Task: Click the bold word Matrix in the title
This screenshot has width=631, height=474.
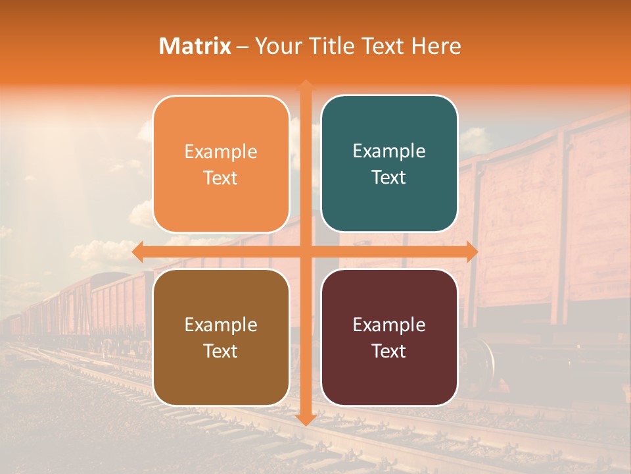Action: click(x=195, y=46)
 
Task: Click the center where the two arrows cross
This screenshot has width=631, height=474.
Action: click(x=306, y=252)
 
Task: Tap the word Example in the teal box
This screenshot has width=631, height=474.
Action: click(x=389, y=151)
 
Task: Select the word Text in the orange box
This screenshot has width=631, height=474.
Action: click(x=221, y=178)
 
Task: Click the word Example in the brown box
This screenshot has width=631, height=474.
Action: click(x=221, y=325)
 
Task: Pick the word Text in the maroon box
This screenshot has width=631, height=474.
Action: click(x=389, y=351)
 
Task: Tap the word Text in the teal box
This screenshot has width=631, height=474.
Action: click(x=389, y=177)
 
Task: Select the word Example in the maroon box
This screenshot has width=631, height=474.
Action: click(x=389, y=325)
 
